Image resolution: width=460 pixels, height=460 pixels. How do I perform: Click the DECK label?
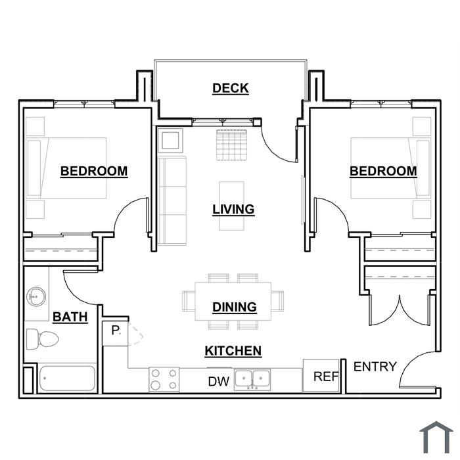(x=231, y=88)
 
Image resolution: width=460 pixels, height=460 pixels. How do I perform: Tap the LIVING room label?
(x=233, y=210)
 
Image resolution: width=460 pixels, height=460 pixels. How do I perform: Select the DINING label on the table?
(x=235, y=307)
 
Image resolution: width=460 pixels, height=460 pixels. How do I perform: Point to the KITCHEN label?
(x=233, y=351)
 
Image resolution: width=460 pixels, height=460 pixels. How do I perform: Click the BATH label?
(x=70, y=317)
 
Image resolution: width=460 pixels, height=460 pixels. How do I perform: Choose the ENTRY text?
(x=375, y=367)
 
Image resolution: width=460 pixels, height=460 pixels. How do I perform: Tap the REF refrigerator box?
(x=321, y=375)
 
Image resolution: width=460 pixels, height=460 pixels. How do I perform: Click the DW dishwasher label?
(x=219, y=382)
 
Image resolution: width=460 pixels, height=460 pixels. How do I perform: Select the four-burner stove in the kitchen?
(x=164, y=380)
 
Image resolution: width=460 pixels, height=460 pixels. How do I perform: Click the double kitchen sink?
(x=252, y=380)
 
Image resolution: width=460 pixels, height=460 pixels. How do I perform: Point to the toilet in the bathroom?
(x=42, y=339)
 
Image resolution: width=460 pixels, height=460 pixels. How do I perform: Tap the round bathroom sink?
(x=36, y=296)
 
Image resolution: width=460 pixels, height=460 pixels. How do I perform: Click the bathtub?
(x=67, y=379)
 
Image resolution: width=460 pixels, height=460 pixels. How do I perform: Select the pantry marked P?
(x=115, y=333)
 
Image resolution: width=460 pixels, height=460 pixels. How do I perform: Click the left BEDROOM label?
(x=94, y=172)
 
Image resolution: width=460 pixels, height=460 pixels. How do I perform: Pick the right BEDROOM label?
(x=383, y=172)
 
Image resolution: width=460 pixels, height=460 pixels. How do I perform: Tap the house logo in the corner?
(x=436, y=437)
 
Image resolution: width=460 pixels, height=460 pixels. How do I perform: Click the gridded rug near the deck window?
(x=231, y=145)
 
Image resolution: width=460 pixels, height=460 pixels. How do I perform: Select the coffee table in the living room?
(x=232, y=206)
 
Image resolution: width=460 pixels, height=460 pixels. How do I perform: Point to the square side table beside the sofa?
(x=170, y=140)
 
